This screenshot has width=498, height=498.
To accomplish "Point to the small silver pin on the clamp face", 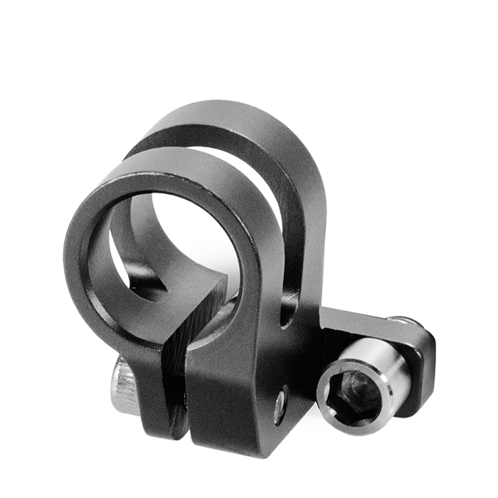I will (x=281, y=403).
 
